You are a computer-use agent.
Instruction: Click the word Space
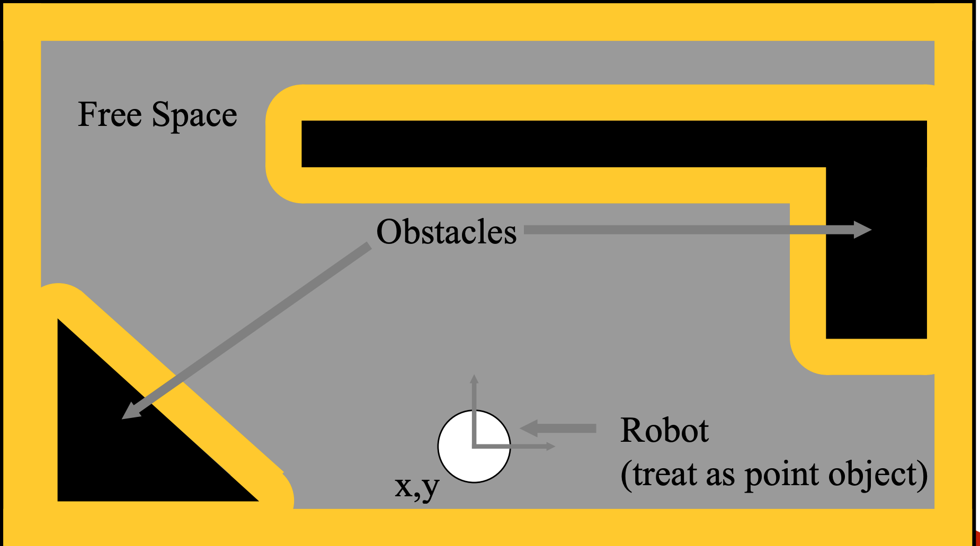click(x=194, y=116)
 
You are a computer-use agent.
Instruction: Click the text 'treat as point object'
click(x=774, y=474)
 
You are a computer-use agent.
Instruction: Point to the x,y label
click(x=417, y=487)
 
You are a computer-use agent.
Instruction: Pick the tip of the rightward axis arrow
click(x=553, y=447)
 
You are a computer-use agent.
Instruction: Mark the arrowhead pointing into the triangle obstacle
click(x=130, y=412)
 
